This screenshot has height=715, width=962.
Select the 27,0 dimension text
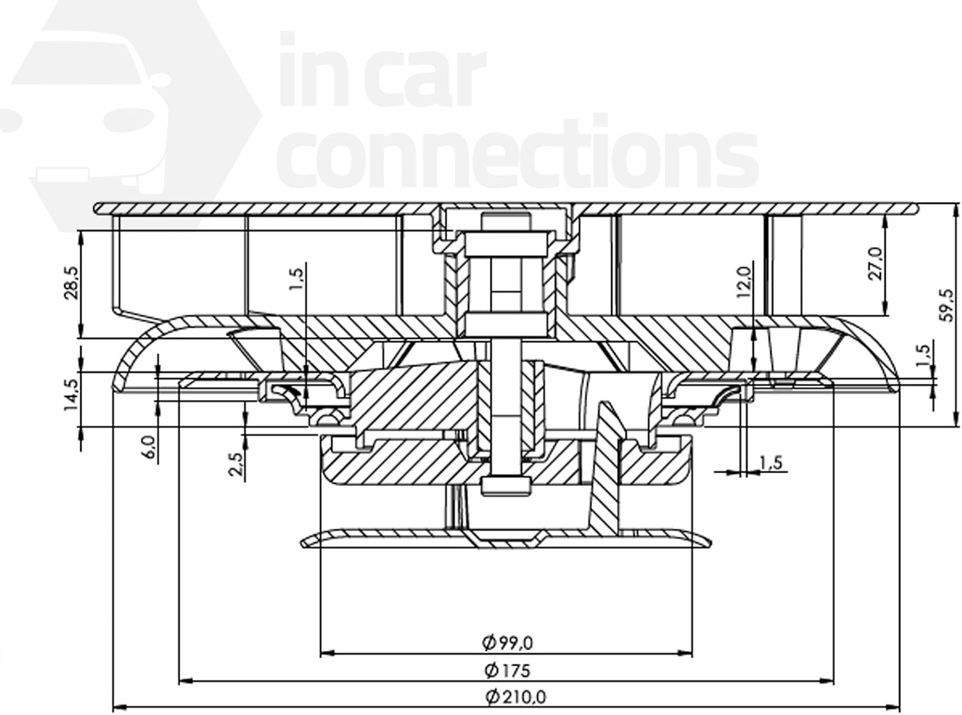click(x=877, y=263)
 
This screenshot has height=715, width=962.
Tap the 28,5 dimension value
click(x=72, y=283)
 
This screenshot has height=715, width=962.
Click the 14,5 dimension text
click(x=72, y=394)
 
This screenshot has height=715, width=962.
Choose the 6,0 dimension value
click(x=149, y=446)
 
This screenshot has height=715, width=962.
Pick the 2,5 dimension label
click(x=236, y=464)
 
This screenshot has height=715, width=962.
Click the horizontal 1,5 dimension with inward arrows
click(x=770, y=462)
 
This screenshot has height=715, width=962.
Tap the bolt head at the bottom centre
click(x=506, y=485)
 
